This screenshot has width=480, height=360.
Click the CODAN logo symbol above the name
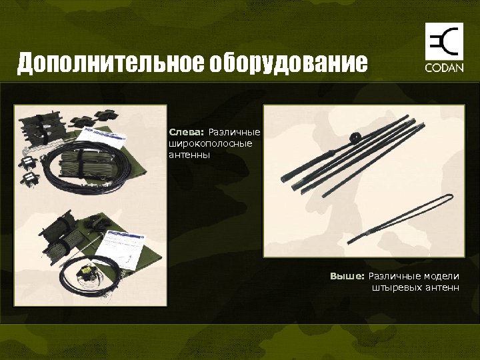click(x=441, y=42)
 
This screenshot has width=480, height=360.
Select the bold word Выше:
click(x=347, y=276)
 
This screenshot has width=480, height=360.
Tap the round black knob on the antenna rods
click(x=356, y=138)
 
